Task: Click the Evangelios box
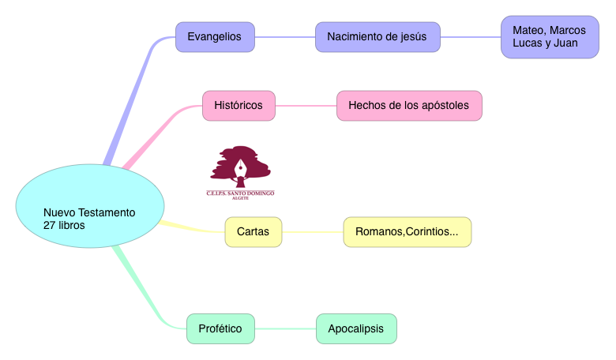point(215,36)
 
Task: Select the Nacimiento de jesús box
point(377,36)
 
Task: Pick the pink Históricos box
point(239,105)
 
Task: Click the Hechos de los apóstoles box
point(409,105)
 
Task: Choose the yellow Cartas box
point(253,232)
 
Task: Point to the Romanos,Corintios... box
point(407,232)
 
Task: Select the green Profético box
point(220,328)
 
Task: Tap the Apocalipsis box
point(356,328)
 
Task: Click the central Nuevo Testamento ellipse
point(89,208)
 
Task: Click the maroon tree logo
point(240,165)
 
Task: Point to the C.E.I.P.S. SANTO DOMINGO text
point(240,193)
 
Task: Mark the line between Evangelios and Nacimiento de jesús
point(284,36)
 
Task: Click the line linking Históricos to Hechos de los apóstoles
point(306,105)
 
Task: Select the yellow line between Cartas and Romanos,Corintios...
point(312,232)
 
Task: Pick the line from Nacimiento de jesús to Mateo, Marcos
point(470,36)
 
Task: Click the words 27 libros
point(64,225)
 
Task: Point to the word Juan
point(565,43)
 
